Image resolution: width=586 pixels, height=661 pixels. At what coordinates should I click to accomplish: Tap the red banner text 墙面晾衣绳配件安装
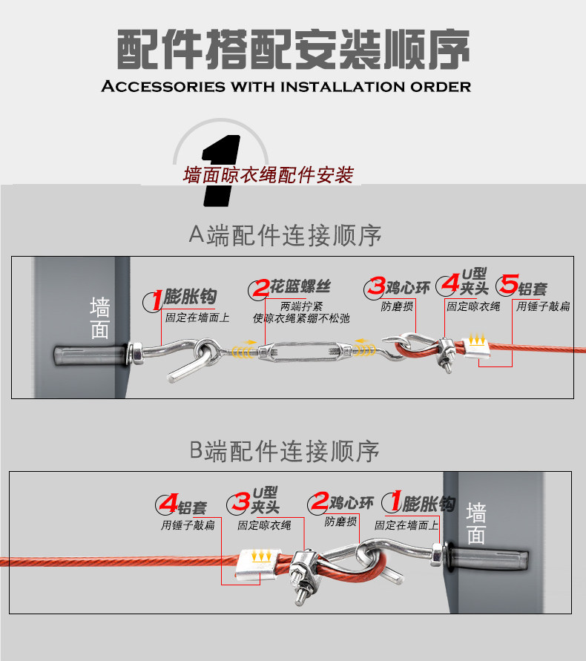(268, 176)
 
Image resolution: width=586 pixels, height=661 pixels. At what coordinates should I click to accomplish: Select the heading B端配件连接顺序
(285, 450)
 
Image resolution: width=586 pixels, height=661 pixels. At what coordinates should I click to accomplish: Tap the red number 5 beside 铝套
(508, 285)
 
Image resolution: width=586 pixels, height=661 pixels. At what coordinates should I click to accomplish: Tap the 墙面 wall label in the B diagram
(476, 523)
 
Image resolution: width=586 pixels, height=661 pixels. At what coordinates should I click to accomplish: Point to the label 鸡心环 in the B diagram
(351, 504)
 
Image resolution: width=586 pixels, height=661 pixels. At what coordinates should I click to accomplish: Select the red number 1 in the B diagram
(393, 502)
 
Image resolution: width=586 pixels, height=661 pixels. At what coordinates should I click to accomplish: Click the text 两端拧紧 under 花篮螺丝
(300, 306)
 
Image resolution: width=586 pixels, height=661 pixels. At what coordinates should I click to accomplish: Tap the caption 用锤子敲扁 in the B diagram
(188, 524)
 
